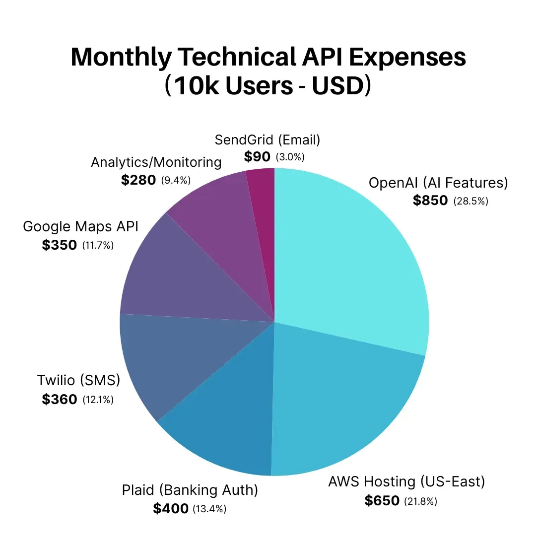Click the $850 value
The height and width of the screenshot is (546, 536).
click(430, 201)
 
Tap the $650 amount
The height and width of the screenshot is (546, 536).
click(382, 500)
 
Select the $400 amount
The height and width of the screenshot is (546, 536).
click(170, 508)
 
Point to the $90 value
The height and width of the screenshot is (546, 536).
click(257, 157)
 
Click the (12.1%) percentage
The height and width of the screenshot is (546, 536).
click(98, 399)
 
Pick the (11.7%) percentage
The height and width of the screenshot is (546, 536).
click(98, 245)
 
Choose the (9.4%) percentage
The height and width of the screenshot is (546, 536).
click(176, 180)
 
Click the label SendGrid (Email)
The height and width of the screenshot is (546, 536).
click(268, 140)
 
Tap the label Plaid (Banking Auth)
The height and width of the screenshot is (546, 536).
click(190, 490)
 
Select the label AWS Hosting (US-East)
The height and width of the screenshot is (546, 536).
click(406, 481)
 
